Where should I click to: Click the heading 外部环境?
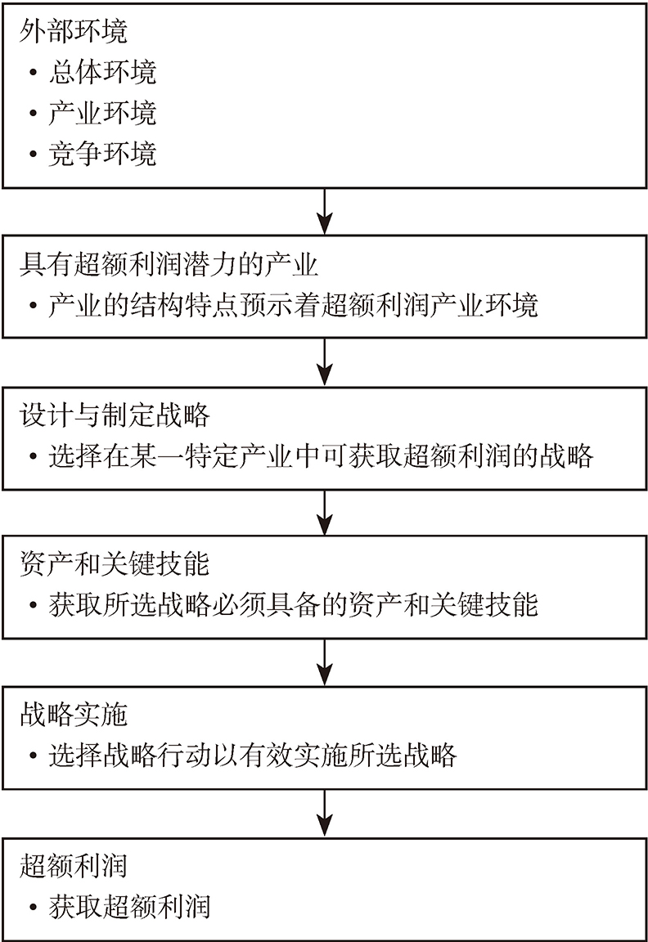(x=74, y=31)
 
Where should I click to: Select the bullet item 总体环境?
(x=103, y=72)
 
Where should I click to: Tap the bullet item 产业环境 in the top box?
(x=103, y=113)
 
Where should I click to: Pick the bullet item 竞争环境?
(x=103, y=154)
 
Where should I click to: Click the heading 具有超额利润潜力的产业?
(x=169, y=264)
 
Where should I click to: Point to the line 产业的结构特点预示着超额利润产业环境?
(x=294, y=305)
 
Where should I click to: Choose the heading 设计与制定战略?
(x=115, y=415)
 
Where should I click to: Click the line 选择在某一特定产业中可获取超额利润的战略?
(x=321, y=456)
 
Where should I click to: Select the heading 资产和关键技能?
(x=115, y=564)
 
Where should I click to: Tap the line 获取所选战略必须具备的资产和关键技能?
(x=294, y=605)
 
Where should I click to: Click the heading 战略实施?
(x=74, y=715)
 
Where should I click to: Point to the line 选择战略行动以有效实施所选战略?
(x=253, y=756)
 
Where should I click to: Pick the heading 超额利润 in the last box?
(x=74, y=866)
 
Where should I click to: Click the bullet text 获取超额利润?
(x=130, y=907)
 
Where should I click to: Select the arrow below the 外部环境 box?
(x=325, y=212)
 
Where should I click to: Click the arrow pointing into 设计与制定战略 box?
(x=325, y=361)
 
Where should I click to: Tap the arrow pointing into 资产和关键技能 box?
(x=325, y=513)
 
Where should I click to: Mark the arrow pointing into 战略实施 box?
(x=325, y=662)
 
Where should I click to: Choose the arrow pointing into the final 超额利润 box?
(x=325, y=813)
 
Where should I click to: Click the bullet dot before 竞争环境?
(x=33, y=155)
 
